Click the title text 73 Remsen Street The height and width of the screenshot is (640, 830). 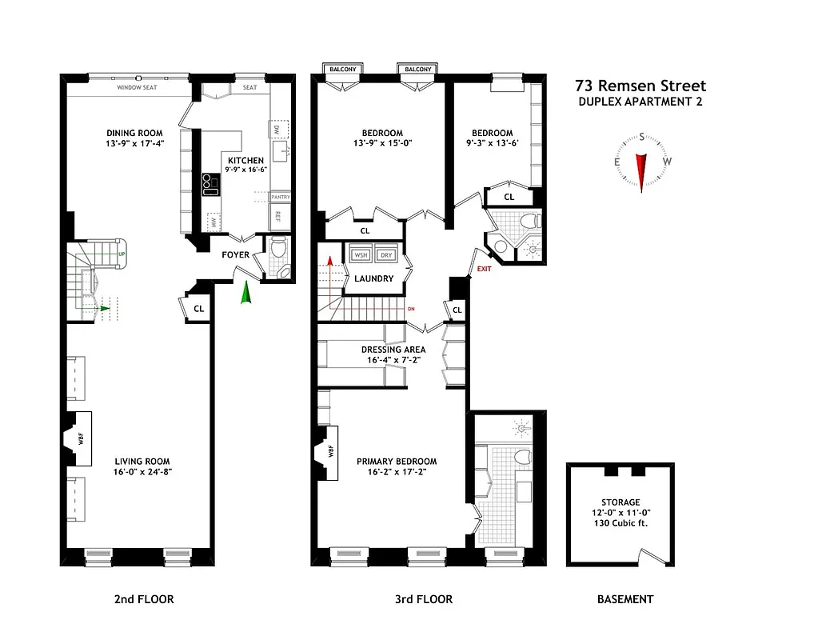pyautogui.click(x=640, y=86)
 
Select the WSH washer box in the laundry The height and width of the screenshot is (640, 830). pyautogui.click(x=361, y=254)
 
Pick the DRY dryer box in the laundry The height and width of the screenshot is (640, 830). pyautogui.click(x=387, y=254)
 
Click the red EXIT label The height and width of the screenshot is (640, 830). pyautogui.click(x=484, y=269)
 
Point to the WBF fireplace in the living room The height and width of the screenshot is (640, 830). pyautogui.click(x=78, y=438)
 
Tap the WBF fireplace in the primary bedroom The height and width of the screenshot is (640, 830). pyautogui.click(x=329, y=453)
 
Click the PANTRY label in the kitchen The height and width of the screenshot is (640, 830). pyautogui.click(x=281, y=197)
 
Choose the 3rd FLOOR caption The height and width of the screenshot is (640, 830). pyautogui.click(x=423, y=599)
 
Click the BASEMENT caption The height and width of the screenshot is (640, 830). pyautogui.click(x=625, y=599)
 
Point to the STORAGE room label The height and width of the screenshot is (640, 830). pyautogui.click(x=621, y=502)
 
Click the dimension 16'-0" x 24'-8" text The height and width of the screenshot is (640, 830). pyautogui.click(x=142, y=472)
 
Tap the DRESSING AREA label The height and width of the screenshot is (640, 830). pyautogui.click(x=393, y=350)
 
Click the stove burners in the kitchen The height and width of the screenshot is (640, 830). pyautogui.click(x=210, y=185)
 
